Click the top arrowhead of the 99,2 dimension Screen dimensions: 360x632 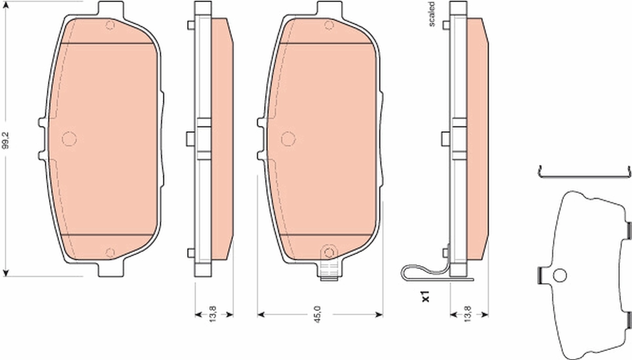point(6,6)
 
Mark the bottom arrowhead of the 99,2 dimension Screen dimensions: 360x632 point(6,272)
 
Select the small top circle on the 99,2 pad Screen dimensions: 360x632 point(110,25)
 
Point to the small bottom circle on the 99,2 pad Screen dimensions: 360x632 point(110,253)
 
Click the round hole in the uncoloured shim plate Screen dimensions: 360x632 point(559,275)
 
